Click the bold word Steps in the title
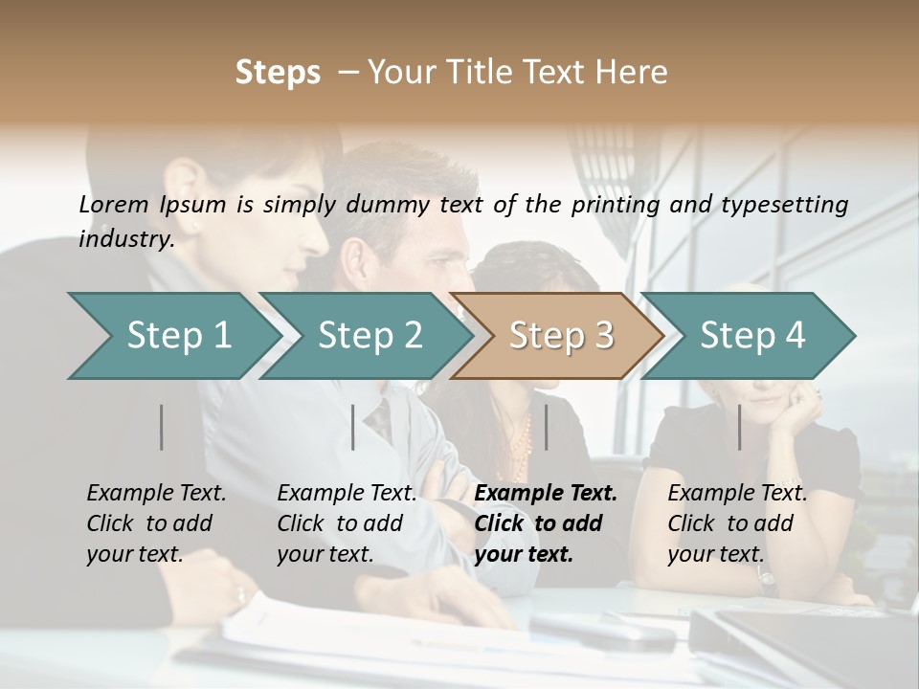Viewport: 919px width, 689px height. tap(278, 73)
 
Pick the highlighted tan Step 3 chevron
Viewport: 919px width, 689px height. tap(557, 336)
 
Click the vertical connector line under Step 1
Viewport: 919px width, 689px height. tap(162, 427)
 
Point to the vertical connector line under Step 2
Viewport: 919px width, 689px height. tap(353, 427)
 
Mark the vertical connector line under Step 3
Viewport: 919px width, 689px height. tap(547, 427)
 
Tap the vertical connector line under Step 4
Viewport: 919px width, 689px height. tap(740, 427)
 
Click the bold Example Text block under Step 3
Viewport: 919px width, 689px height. tap(546, 523)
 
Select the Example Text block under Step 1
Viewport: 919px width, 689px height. tap(156, 523)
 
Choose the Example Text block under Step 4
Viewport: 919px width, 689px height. tap(737, 523)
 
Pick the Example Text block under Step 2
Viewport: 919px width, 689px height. tap(347, 523)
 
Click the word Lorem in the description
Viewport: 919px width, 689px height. tap(114, 204)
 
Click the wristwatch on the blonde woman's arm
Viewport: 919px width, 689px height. tap(765, 577)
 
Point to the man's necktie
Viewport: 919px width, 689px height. tap(381, 420)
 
